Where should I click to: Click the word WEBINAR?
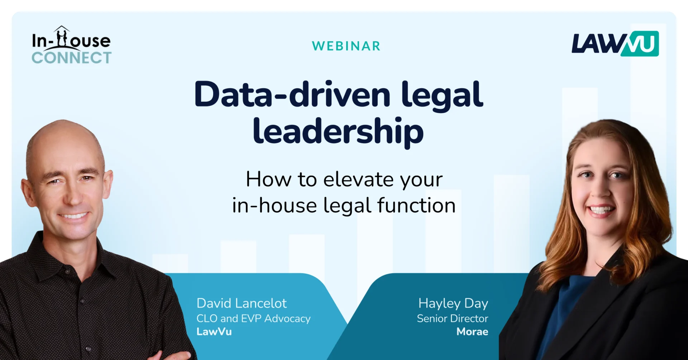[346, 46]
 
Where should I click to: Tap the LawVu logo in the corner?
[615, 44]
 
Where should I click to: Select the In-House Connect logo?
[71, 45]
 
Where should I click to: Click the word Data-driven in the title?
[292, 95]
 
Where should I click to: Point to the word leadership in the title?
[338, 131]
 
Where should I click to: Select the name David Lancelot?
[242, 303]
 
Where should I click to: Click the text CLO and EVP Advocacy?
[253, 318]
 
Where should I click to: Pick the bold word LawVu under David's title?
[214, 332]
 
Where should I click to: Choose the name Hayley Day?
[453, 304]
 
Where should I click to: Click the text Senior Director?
[453, 318]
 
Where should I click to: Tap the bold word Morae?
[472, 332]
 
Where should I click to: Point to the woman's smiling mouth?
[602, 210]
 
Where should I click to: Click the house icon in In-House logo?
[62, 36]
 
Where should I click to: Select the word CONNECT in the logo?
[72, 58]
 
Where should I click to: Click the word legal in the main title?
[442, 95]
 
